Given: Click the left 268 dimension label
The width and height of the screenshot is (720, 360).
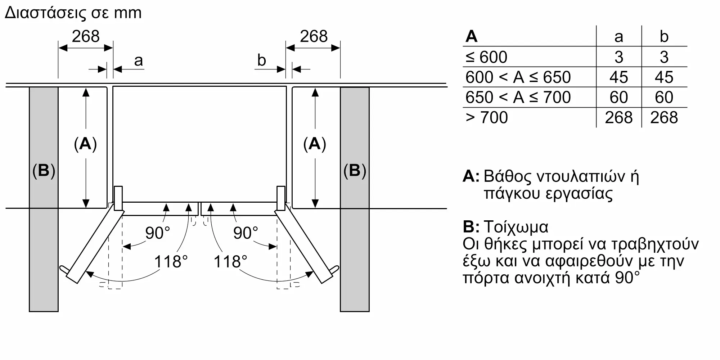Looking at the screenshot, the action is coord(86,36).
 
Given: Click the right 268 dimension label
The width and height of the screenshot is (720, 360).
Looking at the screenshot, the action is coord(314,36).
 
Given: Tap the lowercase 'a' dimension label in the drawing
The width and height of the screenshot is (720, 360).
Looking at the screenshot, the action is coord(139,61).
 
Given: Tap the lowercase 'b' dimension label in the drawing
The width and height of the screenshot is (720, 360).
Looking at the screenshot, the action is coord(262,60).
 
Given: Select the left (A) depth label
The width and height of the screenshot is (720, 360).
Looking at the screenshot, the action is coord(85,144).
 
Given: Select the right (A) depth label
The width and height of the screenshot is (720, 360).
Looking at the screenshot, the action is coord(315,144).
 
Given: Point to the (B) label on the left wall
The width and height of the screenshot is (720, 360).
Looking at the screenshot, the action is coord(44,171).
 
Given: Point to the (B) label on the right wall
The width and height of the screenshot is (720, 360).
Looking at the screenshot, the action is coord(355,171).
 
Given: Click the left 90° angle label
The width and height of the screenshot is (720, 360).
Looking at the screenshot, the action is coord(158,233).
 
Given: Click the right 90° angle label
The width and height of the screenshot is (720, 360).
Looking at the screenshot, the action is coord(246,233).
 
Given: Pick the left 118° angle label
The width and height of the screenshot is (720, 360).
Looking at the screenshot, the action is coord(171,262).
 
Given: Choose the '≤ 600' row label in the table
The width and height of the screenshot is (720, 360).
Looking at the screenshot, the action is coord(486,57).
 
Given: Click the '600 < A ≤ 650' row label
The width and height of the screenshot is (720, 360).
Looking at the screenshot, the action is coord(518,77).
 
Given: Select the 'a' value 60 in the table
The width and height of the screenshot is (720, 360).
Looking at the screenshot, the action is coord(619,98).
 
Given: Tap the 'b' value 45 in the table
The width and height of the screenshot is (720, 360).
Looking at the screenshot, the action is coord(664,77).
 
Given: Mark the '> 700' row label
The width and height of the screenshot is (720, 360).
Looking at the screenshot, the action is coord(487,118).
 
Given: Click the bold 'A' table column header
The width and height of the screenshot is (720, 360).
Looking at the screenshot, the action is coord(472,36).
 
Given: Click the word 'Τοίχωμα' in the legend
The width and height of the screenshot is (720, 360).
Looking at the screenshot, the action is coord(516,227).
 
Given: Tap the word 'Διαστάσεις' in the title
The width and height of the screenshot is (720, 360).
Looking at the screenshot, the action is coord(46,13).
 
